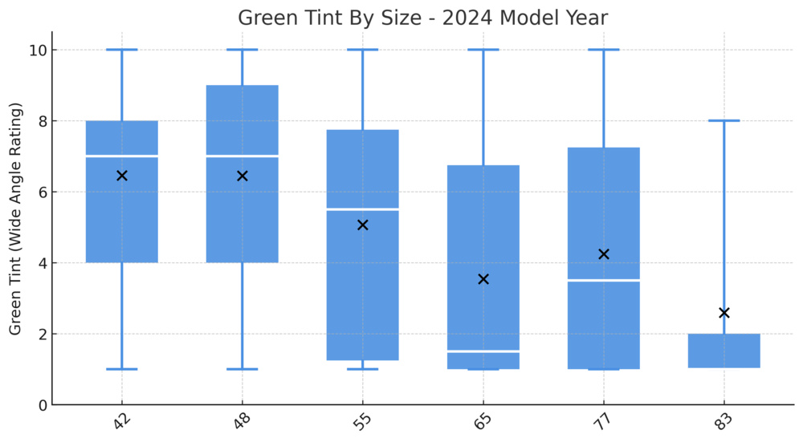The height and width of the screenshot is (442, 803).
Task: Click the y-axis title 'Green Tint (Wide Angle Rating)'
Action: coord(15,220)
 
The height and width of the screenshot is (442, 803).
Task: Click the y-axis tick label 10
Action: coord(36,50)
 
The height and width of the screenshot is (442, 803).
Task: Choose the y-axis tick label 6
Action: coord(40,192)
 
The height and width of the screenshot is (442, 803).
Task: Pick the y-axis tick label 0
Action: coord(40,405)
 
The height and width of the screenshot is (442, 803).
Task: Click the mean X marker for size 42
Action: coord(122,176)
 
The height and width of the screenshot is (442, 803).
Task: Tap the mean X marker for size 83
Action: coord(724,313)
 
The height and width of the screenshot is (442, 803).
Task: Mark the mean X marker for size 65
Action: coord(483,279)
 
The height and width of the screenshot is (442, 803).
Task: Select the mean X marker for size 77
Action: coord(604,254)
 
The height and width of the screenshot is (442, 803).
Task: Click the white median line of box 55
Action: coord(363,209)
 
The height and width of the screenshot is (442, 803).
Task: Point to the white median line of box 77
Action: coord(604,280)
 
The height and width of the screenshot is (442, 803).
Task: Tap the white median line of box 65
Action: coord(483,351)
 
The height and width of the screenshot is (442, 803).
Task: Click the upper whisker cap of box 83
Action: coord(724,120)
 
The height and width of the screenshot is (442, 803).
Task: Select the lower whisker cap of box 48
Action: coord(243,369)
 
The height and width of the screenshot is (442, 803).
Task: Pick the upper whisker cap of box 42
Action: coord(122,50)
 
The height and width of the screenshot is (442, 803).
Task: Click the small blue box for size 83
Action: coord(724,351)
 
